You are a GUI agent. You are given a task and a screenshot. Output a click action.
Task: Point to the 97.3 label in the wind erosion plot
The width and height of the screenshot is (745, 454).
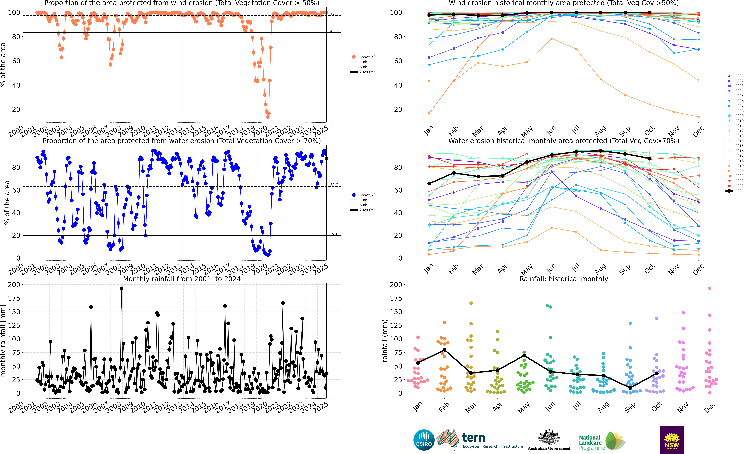coord(334,14)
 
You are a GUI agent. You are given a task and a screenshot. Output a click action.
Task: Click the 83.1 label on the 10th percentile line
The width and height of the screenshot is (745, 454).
coord(334,32)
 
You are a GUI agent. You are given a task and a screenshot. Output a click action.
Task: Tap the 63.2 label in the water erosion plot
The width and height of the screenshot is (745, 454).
coord(334,185)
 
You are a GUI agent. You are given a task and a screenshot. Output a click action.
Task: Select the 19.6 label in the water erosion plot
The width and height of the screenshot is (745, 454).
coord(334,234)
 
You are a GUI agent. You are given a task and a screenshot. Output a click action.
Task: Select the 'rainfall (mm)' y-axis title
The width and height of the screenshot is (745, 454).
coord(385,341)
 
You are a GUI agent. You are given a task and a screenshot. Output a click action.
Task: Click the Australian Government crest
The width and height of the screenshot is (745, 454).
coord(549,437)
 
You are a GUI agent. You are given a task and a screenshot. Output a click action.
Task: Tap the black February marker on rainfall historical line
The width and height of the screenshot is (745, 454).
coord(444,350)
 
